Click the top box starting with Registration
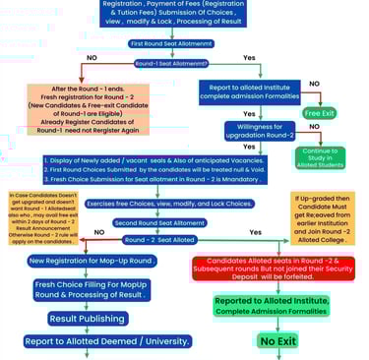(184, 16)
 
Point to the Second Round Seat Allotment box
(183, 222)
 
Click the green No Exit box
(277, 340)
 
